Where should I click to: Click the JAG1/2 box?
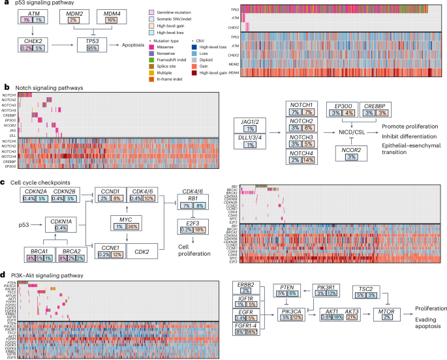point(251,124)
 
